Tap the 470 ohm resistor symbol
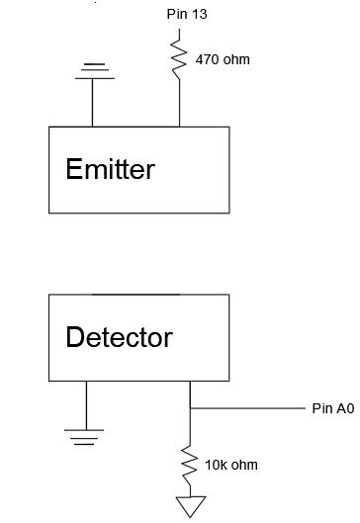pyautogui.click(x=179, y=57)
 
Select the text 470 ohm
pyautogui.click(x=223, y=59)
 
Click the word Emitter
pyautogui.click(x=110, y=169)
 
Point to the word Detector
pyautogui.click(x=119, y=337)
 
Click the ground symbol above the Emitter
pyautogui.click(x=92, y=68)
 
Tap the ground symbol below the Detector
pyautogui.click(x=86, y=430)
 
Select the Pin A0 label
pyautogui.click(x=332, y=407)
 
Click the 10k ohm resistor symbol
pyautogui.click(x=189, y=463)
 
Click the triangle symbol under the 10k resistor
pyautogui.click(x=189, y=506)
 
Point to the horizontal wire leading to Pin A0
pyautogui.click(x=247, y=407)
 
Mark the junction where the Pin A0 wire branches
pyautogui.click(x=189, y=407)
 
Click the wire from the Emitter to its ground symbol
pyautogui.click(x=92, y=102)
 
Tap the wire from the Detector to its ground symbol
pyautogui.click(x=86, y=402)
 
